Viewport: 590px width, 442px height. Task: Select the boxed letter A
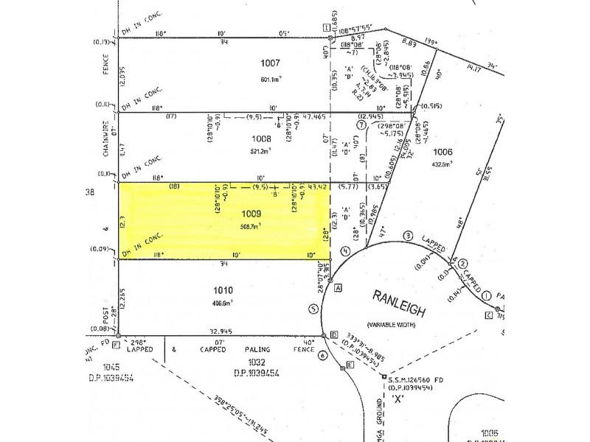click(x=338, y=288)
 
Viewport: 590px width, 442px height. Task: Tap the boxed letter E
click(x=349, y=366)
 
